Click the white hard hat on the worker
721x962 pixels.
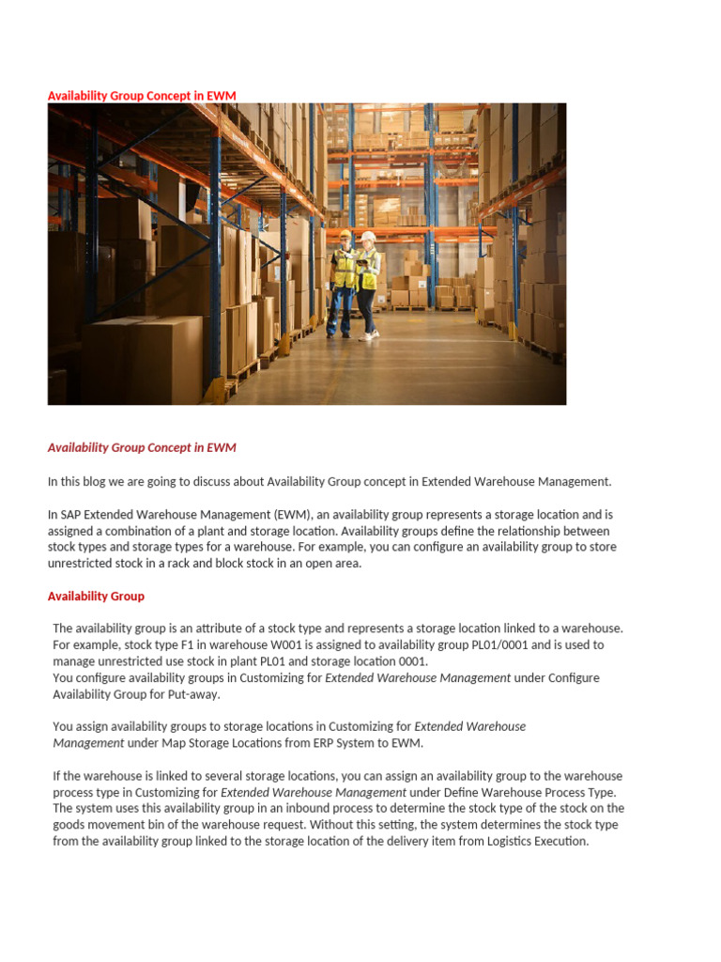click(368, 236)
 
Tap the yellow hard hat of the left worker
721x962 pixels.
click(345, 233)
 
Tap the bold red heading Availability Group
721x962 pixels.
click(96, 597)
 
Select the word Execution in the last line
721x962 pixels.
click(560, 842)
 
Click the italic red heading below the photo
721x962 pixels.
click(142, 448)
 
